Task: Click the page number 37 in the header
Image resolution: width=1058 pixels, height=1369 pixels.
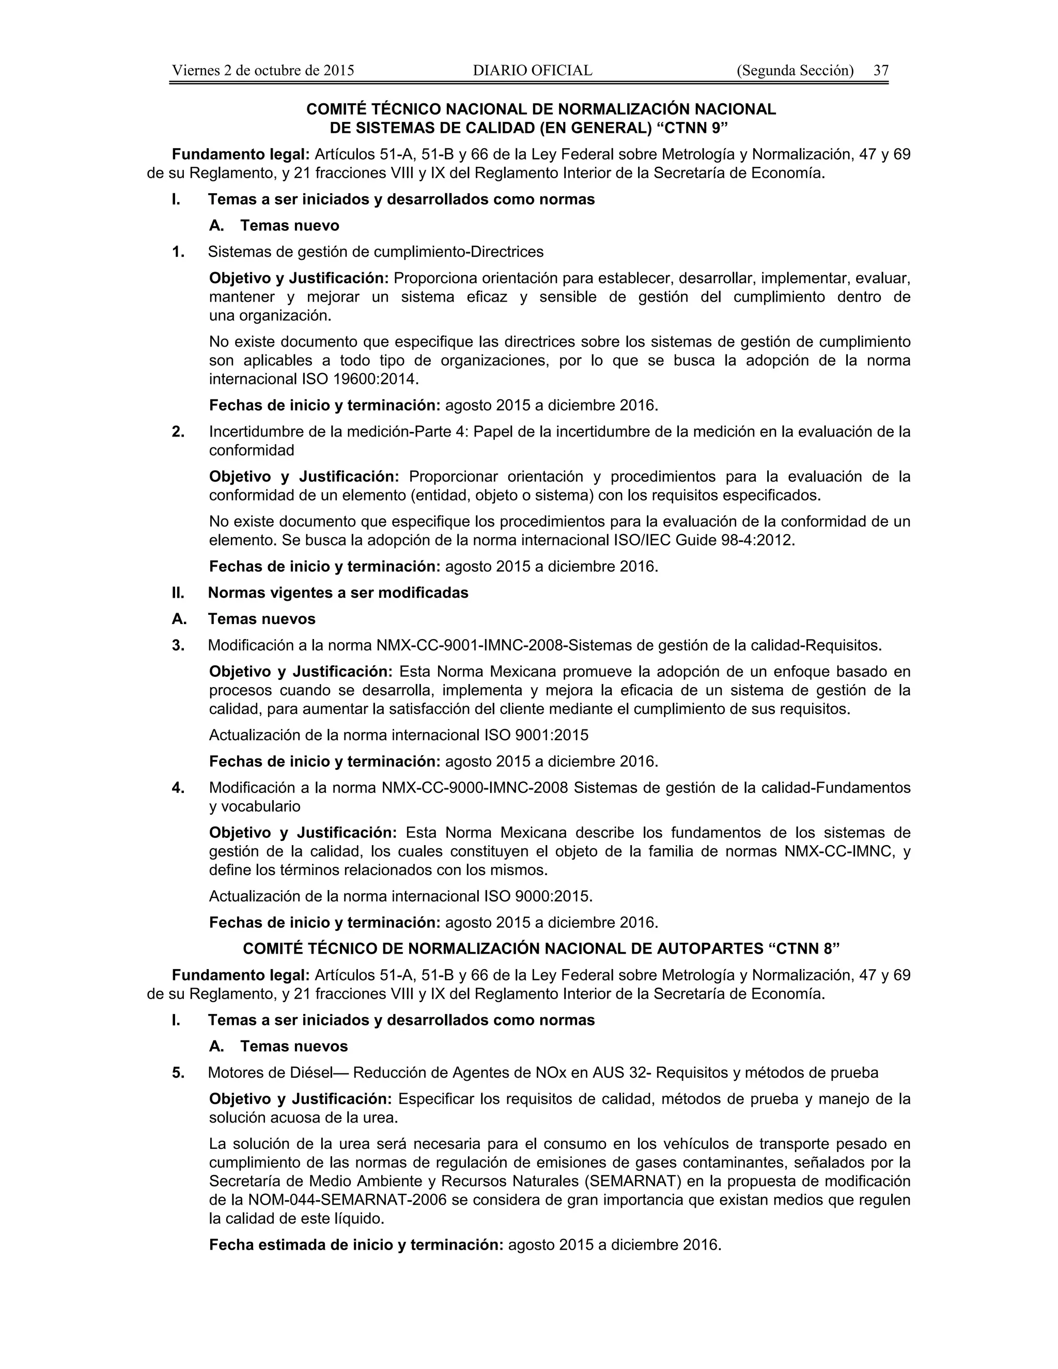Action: pos(881,70)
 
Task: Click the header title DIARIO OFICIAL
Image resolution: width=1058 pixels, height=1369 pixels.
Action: pos(532,70)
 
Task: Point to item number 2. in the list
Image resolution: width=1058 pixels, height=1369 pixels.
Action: pos(178,431)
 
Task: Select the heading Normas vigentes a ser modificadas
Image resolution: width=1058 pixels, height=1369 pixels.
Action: pos(338,593)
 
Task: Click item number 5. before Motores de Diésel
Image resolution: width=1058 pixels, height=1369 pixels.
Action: pos(178,1072)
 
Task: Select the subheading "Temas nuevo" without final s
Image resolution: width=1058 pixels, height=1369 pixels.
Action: pos(290,225)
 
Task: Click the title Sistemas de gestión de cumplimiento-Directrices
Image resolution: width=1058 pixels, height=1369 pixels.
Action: pos(376,252)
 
